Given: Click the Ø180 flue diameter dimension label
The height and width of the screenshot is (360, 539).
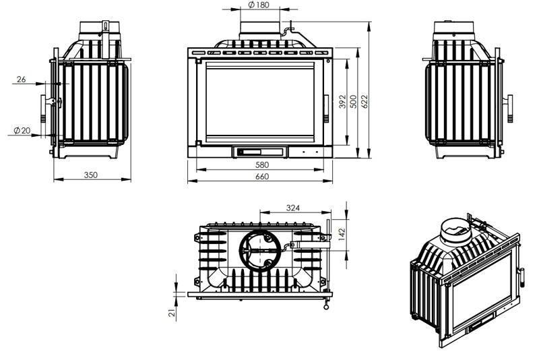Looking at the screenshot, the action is click(x=258, y=5).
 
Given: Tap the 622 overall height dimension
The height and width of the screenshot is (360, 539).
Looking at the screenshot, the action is click(x=364, y=101).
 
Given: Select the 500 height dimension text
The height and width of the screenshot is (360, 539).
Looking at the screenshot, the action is click(x=354, y=102).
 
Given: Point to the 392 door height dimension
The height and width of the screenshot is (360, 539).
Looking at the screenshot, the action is click(x=342, y=102).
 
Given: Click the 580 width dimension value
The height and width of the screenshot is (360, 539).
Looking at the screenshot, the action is click(x=262, y=164).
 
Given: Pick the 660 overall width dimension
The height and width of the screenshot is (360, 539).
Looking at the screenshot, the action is click(x=262, y=177).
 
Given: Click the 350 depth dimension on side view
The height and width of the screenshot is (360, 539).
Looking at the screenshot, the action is click(x=91, y=175).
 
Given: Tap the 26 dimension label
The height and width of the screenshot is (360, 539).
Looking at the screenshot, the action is click(x=22, y=79).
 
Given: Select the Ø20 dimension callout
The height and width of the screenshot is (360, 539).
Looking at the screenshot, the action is click(x=22, y=131).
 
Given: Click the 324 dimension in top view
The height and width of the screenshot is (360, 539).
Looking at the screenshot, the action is click(x=293, y=208).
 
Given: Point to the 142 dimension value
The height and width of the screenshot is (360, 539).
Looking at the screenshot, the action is click(x=342, y=234).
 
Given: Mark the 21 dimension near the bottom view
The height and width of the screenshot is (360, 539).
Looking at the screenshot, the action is click(x=172, y=313).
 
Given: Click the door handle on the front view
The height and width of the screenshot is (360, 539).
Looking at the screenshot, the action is click(x=326, y=109).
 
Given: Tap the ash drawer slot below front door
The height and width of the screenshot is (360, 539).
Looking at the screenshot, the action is click(x=260, y=151).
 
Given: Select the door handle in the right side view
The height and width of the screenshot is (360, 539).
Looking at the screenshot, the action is click(x=509, y=109).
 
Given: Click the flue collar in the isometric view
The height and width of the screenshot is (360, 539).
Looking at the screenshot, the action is click(x=455, y=230).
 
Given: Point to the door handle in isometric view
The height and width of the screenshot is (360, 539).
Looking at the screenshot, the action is click(x=521, y=277).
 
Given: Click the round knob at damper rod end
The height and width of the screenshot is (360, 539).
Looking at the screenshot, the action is click(x=326, y=307).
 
